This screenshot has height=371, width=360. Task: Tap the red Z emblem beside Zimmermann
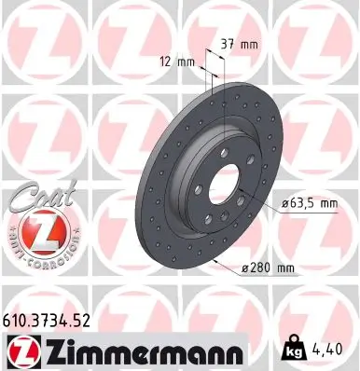click(x=21, y=350)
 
